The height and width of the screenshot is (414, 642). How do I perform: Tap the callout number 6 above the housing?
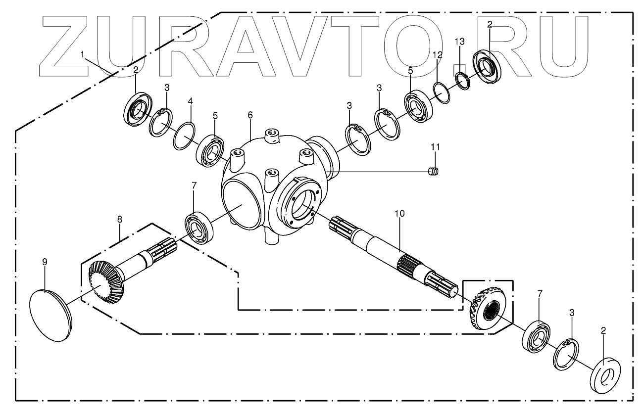[250, 115]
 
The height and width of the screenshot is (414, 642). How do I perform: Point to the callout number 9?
[45, 262]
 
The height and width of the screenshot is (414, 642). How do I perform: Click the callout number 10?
[399, 213]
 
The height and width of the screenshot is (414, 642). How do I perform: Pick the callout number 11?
[435, 147]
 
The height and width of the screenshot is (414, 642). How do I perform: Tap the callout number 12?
[437, 54]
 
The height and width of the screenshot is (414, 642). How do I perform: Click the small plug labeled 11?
[434, 172]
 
